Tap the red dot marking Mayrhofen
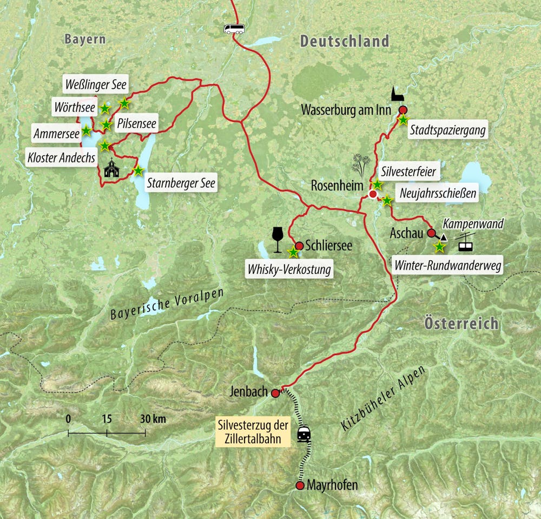[300, 485]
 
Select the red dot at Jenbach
[275, 393]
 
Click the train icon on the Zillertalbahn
[304, 434]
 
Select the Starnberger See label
[181, 183]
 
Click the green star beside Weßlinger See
[124, 103]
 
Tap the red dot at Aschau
[431, 233]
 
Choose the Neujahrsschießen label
[437, 193]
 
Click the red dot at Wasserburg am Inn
[403, 110]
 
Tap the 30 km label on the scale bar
[153, 419]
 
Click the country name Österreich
[461, 324]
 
